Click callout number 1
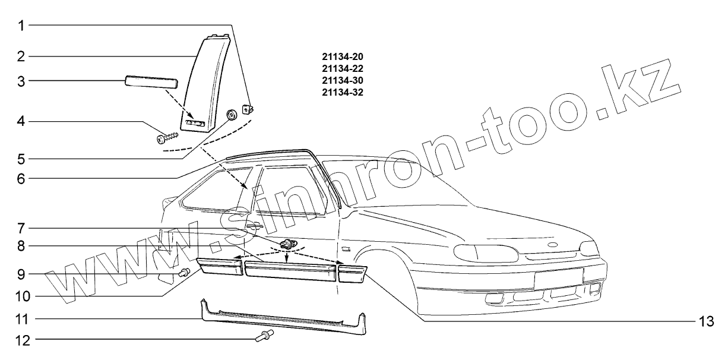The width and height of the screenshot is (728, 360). tap(21, 26)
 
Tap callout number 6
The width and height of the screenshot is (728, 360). tap(21, 179)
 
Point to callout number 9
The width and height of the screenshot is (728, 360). tap(21, 274)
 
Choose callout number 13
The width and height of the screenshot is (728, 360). tap(704, 321)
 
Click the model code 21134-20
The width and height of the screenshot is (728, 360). tap(341, 57)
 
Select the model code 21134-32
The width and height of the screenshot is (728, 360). tap(341, 92)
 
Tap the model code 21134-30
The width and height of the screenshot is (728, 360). tap(341, 80)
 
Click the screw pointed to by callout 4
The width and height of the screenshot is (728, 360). tap(167, 138)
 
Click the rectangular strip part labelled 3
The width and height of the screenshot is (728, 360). tap(151, 80)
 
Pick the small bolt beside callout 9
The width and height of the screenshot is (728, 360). tap(185, 272)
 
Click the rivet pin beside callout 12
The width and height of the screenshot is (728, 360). tap(264, 336)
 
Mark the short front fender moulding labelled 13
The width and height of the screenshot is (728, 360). tap(351, 274)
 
